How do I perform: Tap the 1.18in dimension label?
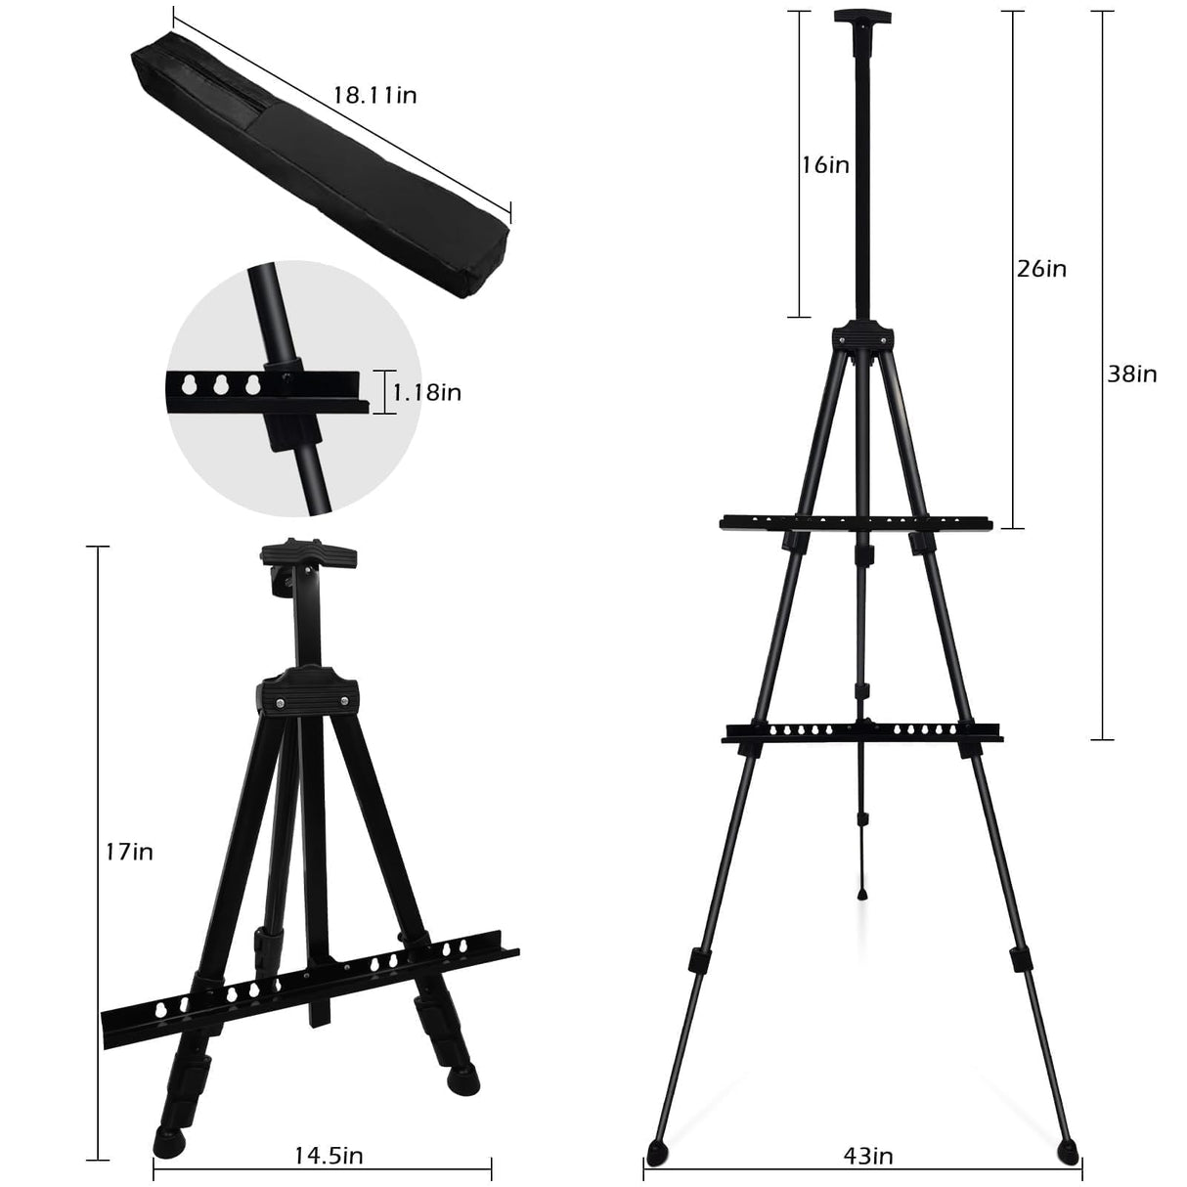(x=427, y=392)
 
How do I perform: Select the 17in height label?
(x=128, y=852)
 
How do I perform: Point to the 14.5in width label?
(x=329, y=1155)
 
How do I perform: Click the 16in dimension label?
(x=825, y=164)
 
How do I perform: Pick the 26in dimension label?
(x=1041, y=268)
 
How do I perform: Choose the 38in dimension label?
(x=1132, y=374)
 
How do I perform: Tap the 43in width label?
(x=867, y=1157)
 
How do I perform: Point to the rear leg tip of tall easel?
(x=863, y=892)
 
